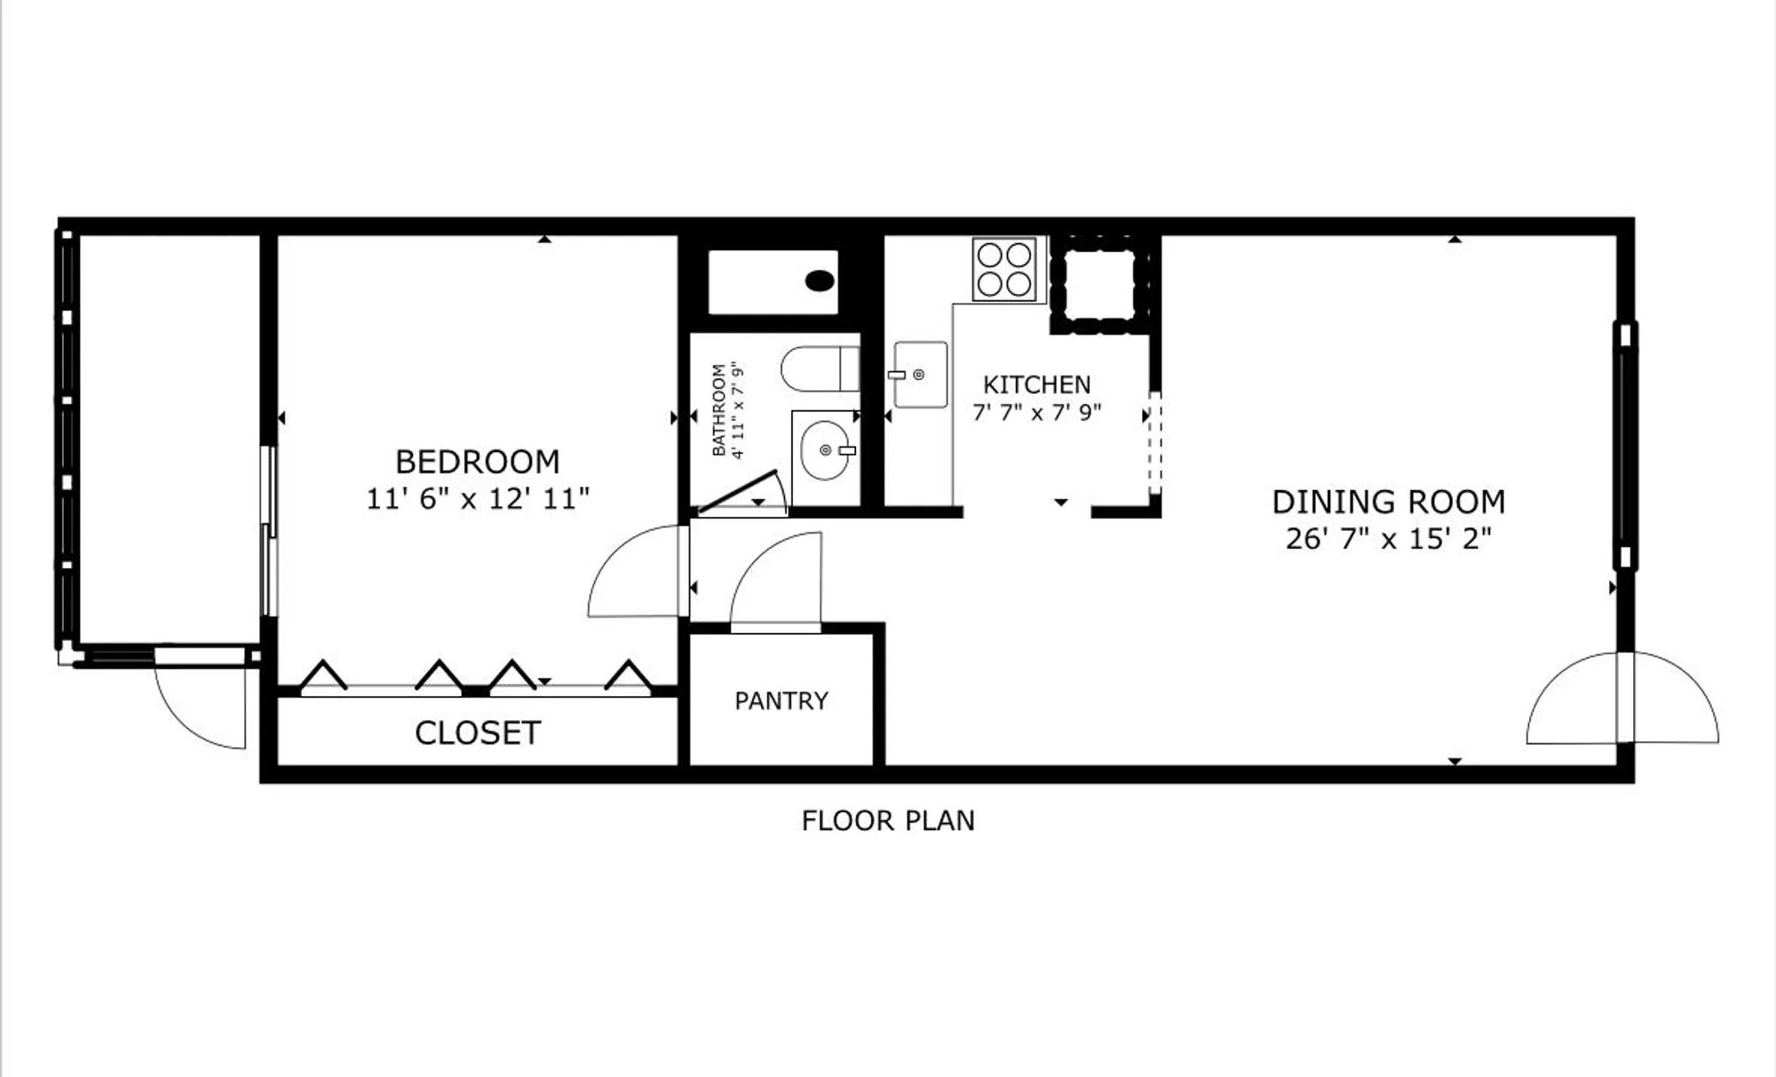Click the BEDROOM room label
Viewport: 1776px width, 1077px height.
coord(478,462)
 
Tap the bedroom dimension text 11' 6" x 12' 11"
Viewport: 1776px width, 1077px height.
coord(478,499)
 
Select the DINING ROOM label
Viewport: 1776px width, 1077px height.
coord(1389,503)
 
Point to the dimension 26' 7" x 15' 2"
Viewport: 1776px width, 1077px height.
coord(1389,539)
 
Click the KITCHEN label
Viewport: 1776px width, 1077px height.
coord(1036,384)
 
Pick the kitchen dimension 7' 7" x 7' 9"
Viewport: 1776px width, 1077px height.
coord(1036,413)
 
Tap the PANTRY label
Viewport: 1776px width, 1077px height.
coord(781,701)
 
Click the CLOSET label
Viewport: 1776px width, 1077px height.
coord(478,733)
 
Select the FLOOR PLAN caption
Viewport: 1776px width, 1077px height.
coord(888,820)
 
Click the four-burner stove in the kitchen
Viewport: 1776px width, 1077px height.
coord(1003,269)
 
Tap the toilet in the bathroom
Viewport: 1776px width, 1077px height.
coord(819,368)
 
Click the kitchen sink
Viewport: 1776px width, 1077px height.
coord(919,375)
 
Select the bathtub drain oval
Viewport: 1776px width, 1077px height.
coord(820,281)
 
